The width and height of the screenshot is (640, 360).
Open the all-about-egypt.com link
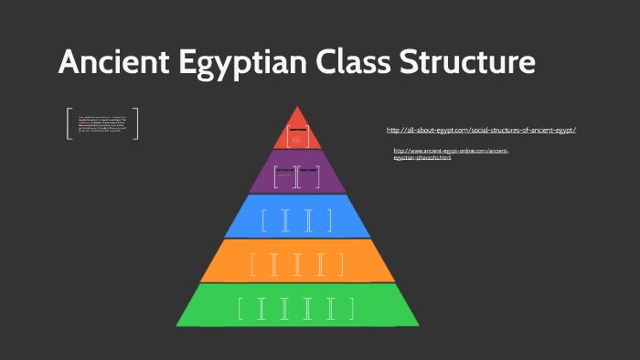(481, 130)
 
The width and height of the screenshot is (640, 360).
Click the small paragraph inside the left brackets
(102, 123)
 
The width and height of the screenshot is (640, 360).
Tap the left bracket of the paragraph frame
(69, 123)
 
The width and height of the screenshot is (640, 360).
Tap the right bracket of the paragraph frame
(136, 123)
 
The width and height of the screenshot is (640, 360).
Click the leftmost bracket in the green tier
(240, 309)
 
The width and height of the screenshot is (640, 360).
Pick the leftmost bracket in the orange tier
(252, 265)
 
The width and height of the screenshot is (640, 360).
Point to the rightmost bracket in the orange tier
(342, 265)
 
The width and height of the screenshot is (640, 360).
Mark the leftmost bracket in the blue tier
(263, 221)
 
